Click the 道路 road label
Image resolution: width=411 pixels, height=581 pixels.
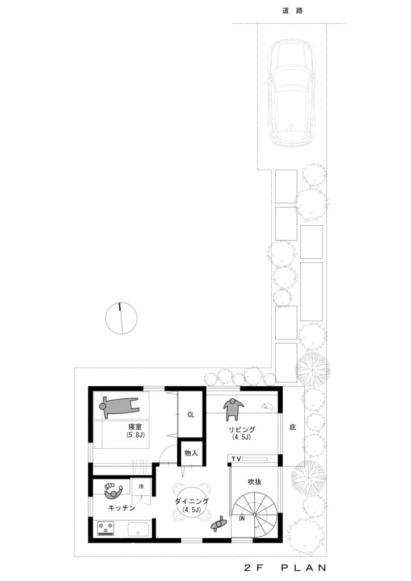[x=292, y=11]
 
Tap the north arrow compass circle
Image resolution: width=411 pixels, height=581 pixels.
[x=121, y=318]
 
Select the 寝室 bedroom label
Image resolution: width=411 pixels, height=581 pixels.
[x=135, y=427]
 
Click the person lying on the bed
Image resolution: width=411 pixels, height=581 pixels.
[x=119, y=406]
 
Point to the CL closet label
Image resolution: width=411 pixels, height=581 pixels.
[x=191, y=415]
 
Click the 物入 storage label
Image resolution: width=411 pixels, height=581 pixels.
[x=191, y=453]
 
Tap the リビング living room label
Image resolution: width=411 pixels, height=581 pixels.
[x=242, y=430]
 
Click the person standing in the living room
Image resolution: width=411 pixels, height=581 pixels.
[x=233, y=409]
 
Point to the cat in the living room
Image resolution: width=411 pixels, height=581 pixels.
[x=267, y=406]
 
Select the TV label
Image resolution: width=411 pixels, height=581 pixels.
[x=237, y=459]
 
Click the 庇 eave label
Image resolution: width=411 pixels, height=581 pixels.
[x=293, y=427]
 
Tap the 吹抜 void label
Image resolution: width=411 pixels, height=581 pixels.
[x=255, y=482]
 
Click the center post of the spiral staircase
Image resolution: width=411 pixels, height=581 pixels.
[x=255, y=515]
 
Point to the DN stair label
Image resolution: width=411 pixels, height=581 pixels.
[x=242, y=519]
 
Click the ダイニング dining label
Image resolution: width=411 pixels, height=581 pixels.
[x=192, y=502]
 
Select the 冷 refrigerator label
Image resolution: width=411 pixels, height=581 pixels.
[x=141, y=486]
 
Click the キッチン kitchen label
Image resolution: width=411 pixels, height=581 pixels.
[x=121, y=508]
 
